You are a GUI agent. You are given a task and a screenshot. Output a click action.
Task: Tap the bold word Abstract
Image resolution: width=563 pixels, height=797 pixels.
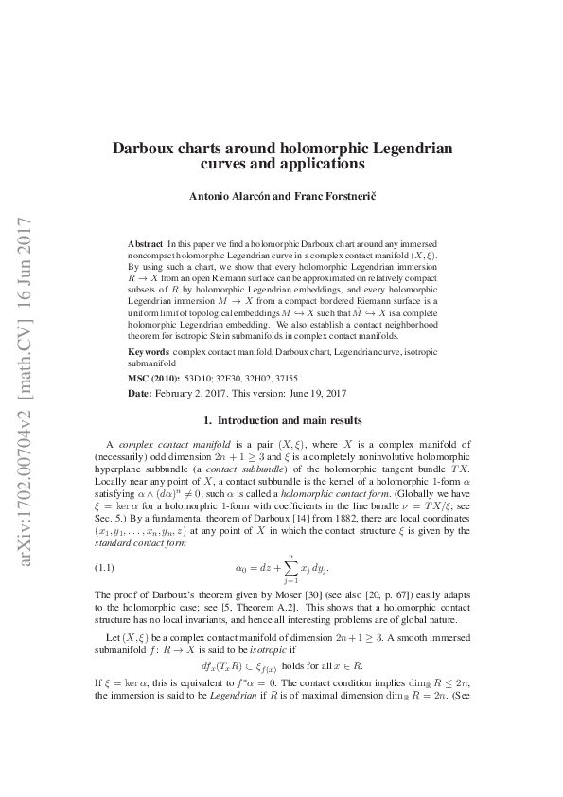(x=144, y=244)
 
